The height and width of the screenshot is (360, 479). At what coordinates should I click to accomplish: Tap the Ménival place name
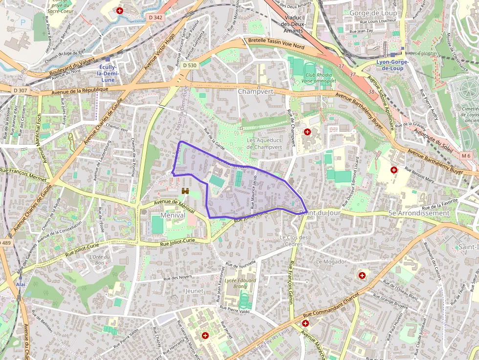pyautogui.click(x=173, y=215)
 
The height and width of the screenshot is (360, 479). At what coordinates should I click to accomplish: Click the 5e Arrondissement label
pyautogui.click(x=418, y=213)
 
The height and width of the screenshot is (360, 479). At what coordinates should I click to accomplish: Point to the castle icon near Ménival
pyautogui.click(x=185, y=191)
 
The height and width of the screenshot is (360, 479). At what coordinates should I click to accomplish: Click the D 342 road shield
pyautogui.click(x=155, y=18)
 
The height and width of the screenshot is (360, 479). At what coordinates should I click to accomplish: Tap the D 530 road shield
pyautogui.click(x=190, y=65)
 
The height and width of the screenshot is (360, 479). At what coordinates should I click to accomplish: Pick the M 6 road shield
pyautogui.click(x=466, y=156)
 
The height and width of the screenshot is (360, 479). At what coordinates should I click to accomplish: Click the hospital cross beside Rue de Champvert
pyautogui.click(x=307, y=132)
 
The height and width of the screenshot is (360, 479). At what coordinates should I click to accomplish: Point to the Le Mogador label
pyautogui.click(x=331, y=261)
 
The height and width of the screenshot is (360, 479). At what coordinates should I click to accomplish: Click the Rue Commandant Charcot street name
pyautogui.click(x=331, y=306)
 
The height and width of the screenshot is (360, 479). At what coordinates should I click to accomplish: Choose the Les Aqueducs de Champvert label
pyautogui.click(x=264, y=144)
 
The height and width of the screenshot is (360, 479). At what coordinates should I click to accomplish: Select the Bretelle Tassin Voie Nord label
pyautogui.click(x=276, y=43)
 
